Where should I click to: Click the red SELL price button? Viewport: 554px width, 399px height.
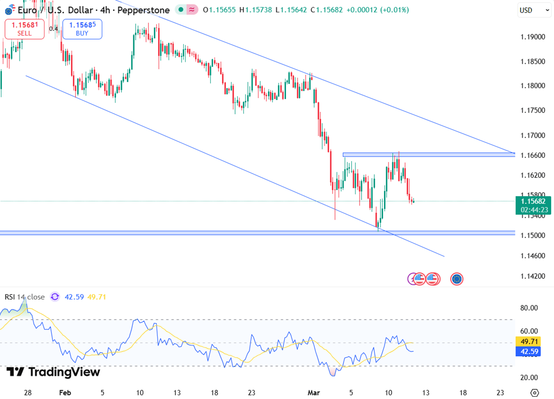pyautogui.click(x=24, y=29)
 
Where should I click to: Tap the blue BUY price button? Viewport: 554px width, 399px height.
pyautogui.click(x=82, y=29)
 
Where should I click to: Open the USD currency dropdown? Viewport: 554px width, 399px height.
pyautogui.click(x=534, y=10)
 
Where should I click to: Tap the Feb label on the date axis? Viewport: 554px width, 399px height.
pyautogui.click(x=65, y=393)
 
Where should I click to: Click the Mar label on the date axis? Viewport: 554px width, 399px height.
pyautogui.click(x=313, y=393)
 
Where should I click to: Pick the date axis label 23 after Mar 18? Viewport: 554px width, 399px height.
pyautogui.click(x=500, y=393)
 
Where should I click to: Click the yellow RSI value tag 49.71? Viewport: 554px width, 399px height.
pyautogui.click(x=530, y=341)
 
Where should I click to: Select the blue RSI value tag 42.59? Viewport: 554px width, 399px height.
pyautogui.click(x=530, y=351)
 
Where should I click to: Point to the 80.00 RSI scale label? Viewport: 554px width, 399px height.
pyautogui.click(x=530, y=308)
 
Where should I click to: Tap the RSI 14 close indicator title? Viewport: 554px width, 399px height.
pyautogui.click(x=24, y=297)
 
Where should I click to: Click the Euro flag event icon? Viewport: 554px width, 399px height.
pyautogui.click(x=457, y=279)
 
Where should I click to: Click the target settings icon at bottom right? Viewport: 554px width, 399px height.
pyautogui.click(x=534, y=393)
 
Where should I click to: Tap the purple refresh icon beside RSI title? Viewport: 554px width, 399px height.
pyautogui.click(x=55, y=297)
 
